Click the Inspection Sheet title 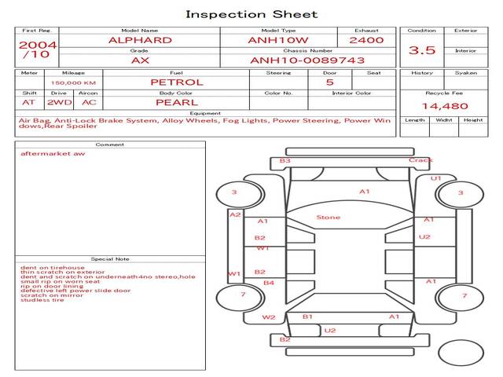[251, 14]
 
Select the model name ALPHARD [139, 39]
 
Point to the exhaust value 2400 [366, 39]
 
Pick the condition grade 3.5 [422, 50]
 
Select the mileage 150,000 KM [73, 82]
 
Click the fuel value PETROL [177, 82]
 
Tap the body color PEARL [176, 102]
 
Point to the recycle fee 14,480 [445, 106]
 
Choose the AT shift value [28, 102]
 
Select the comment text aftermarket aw [53, 153]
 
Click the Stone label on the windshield [328, 217]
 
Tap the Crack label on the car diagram [420, 160]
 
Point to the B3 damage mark [285, 161]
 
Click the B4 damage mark [268, 283]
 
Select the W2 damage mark [269, 317]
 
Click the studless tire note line [42, 299]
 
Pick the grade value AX [139, 60]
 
